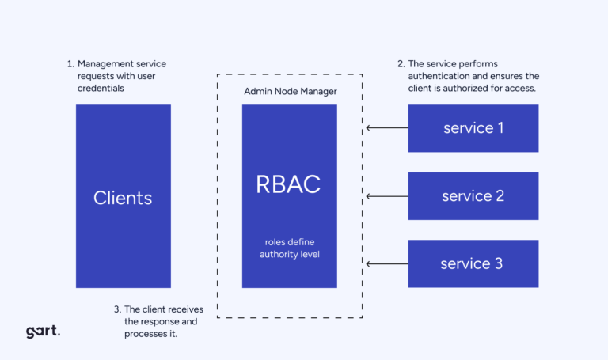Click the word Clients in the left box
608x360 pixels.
click(123, 198)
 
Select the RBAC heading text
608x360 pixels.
click(288, 184)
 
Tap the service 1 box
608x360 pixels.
click(473, 127)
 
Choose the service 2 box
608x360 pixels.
click(473, 195)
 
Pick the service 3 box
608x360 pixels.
click(473, 263)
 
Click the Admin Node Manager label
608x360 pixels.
click(290, 92)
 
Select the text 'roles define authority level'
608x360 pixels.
click(290, 248)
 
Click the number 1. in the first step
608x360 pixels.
click(70, 63)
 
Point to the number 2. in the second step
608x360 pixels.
click(401, 63)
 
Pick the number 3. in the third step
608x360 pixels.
click(117, 309)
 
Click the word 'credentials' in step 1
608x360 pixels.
click(101, 89)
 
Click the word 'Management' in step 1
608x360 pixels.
click(106, 63)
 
